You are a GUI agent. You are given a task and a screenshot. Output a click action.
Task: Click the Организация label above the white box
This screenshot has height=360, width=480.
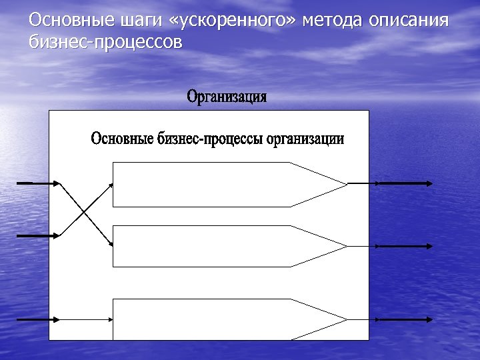[227, 97]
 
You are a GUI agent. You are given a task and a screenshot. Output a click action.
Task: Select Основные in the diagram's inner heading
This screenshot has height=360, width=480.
[123, 139]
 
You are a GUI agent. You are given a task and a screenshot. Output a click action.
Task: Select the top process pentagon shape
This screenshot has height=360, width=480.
[213, 184]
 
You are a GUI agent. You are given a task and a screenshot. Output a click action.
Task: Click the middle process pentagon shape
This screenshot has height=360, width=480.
[213, 246]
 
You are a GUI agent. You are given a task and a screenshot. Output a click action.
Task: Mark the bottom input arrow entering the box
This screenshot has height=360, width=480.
[37, 319]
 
